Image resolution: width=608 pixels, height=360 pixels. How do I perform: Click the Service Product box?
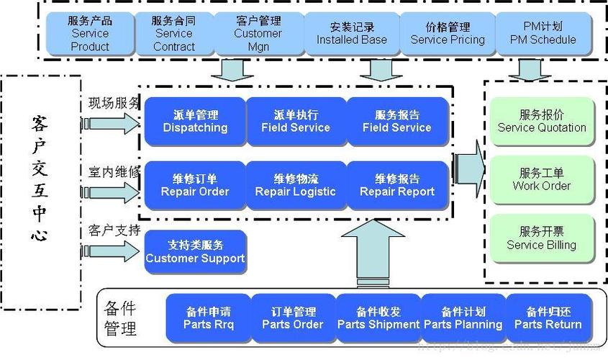tap(90, 33)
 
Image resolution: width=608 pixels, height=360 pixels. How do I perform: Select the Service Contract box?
tap(174, 33)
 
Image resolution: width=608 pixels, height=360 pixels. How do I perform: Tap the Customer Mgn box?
tap(258, 33)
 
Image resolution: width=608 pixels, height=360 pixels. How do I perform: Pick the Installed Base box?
tap(352, 33)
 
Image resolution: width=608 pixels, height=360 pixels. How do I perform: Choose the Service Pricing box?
tap(448, 33)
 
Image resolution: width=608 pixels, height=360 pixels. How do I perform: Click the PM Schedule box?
tap(543, 33)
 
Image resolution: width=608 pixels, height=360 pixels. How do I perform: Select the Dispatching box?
tap(195, 122)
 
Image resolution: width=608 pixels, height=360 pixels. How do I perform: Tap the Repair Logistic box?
tap(296, 185)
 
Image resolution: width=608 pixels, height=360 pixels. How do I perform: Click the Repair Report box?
tap(397, 185)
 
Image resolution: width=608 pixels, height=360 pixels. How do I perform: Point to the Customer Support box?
tap(195, 251)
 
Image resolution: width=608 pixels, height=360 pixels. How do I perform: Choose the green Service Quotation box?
tap(542, 121)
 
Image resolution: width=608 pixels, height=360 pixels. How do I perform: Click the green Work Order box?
tap(542, 179)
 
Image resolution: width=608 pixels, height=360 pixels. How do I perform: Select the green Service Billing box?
tap(542, 238)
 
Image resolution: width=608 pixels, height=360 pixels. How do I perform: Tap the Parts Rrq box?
tap(209, 318)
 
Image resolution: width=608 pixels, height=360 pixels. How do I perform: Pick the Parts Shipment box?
tap(378, 318)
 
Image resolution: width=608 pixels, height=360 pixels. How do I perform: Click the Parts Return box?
tap(548, 318)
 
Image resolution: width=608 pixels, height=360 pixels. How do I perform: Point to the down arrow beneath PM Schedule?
tap(530, 70)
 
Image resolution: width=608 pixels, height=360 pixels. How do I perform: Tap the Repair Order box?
tap(195, 185)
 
